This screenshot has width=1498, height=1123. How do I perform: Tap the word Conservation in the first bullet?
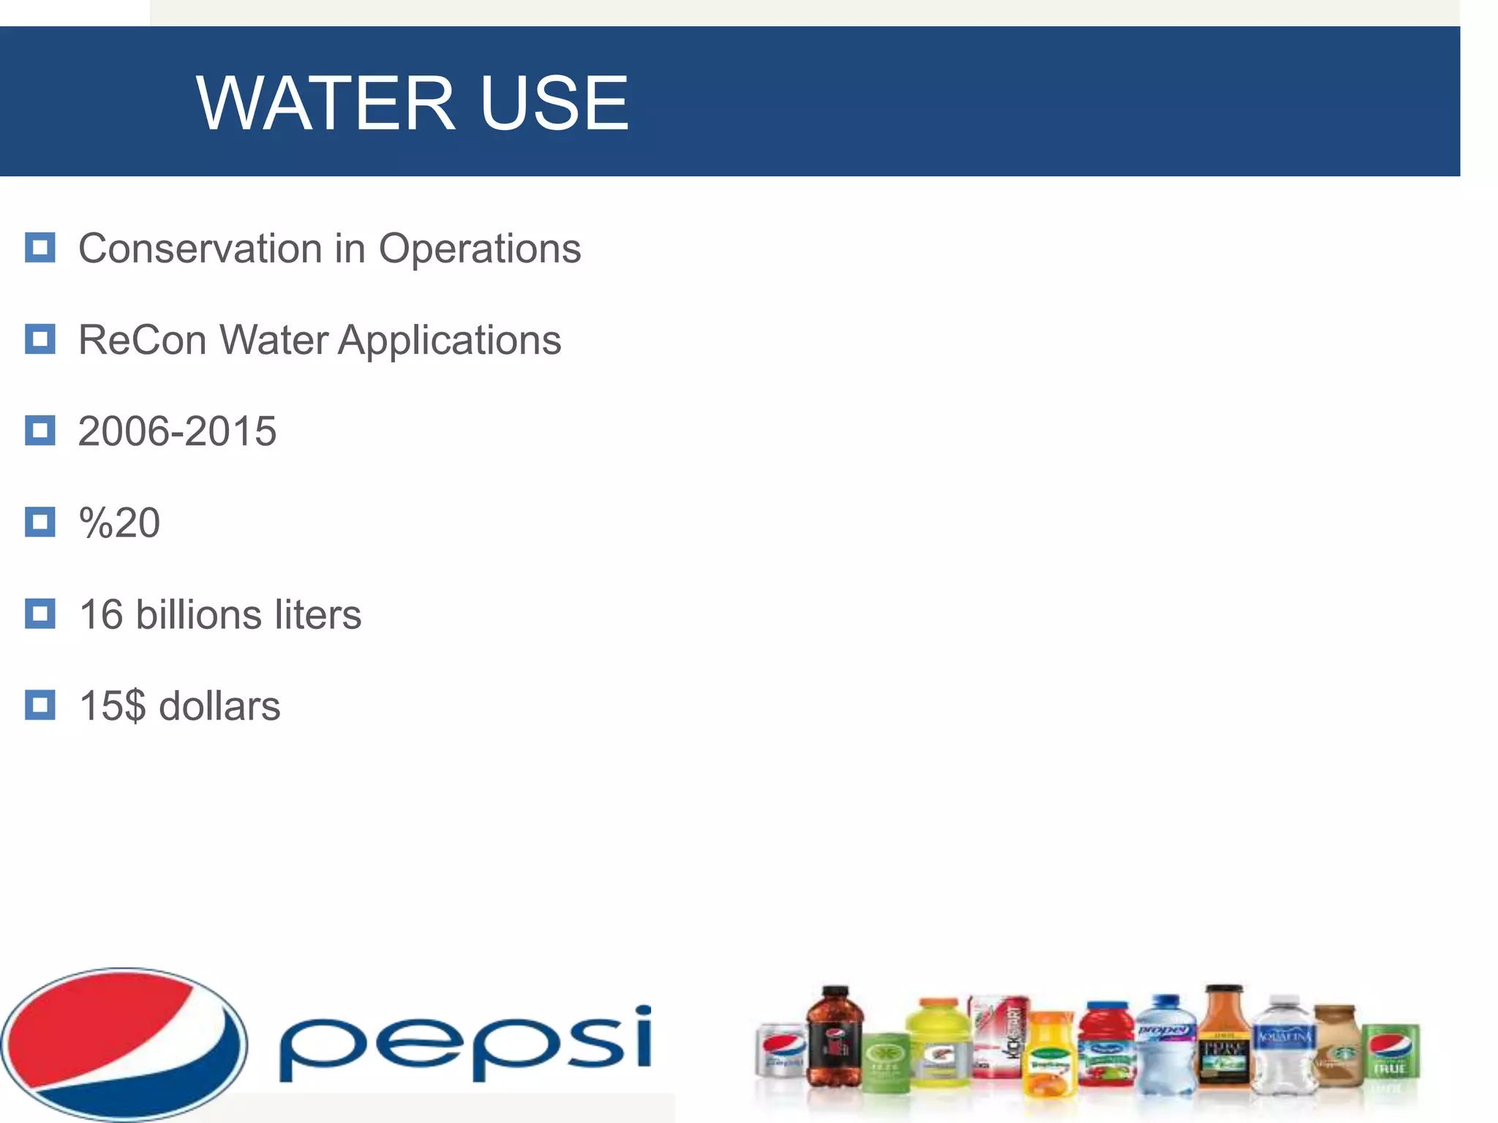(x=199, y=249)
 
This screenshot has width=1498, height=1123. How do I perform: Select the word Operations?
(x=479, y=250)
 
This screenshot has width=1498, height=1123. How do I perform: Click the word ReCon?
(x=143, y=340)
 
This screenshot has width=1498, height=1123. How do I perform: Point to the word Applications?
(x=449, y=341)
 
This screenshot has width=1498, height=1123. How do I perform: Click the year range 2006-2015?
(x=177, y=431)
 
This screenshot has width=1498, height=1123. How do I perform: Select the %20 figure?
(x=119, y=523)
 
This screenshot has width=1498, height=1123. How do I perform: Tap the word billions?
(x=198, y=614)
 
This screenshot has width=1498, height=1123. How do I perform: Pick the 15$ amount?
(x=112, y=706)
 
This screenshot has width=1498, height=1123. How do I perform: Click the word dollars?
(x=219, y=706)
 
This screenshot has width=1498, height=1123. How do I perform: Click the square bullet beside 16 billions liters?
(x=40, y=613)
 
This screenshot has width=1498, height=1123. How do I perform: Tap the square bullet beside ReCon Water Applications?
(x=40, y=339)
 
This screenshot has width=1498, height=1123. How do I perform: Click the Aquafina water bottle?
(x=1284, y=1046)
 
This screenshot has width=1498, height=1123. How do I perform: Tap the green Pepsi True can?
(x=1390, y=1053)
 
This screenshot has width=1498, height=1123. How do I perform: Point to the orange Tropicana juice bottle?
(x=1050, y=1056)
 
